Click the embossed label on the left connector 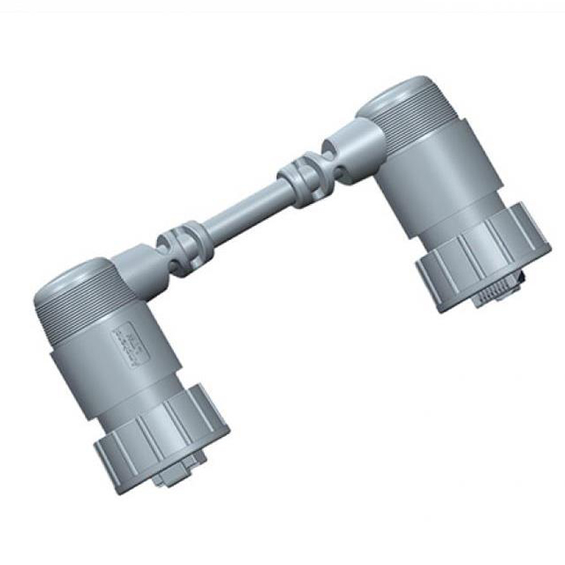126,343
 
